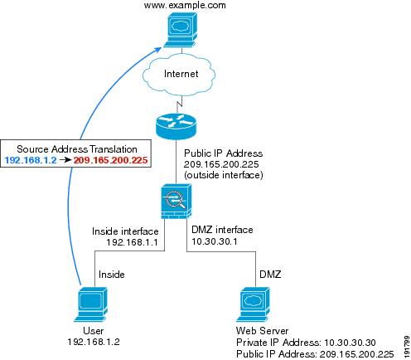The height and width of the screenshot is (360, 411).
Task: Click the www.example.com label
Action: click(185, 5)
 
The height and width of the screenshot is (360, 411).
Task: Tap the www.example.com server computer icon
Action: click(181, 30)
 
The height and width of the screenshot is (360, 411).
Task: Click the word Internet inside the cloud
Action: click(181, 74)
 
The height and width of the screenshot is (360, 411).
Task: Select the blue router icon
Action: click(176, 126)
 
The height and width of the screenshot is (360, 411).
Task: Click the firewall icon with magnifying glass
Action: click(176, 202)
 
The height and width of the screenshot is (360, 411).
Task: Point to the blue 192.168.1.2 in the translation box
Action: click(31, 160)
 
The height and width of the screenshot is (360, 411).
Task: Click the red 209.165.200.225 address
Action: click(110, 160)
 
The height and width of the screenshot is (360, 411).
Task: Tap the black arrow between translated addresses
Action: click(65, 160)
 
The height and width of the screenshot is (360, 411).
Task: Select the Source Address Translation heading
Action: click(77, 149)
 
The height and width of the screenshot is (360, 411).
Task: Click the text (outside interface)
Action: click(224, 175)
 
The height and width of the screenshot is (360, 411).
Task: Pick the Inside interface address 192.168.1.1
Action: click(132, 242)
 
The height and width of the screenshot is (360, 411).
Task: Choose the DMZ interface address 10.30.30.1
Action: click(215, 241)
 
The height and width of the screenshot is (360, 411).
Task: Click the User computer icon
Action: click(91, 304)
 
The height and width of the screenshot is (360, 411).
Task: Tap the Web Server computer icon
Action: click(253, 304)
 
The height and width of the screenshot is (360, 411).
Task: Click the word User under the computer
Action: click(94, 331)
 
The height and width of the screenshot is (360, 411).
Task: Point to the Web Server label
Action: click(262, 331)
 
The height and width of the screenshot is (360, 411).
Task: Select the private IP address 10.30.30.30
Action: click(350, 343)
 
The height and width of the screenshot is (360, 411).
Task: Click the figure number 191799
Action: click(406, 347)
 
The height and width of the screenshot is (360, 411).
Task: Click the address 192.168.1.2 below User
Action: click(94, 342)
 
